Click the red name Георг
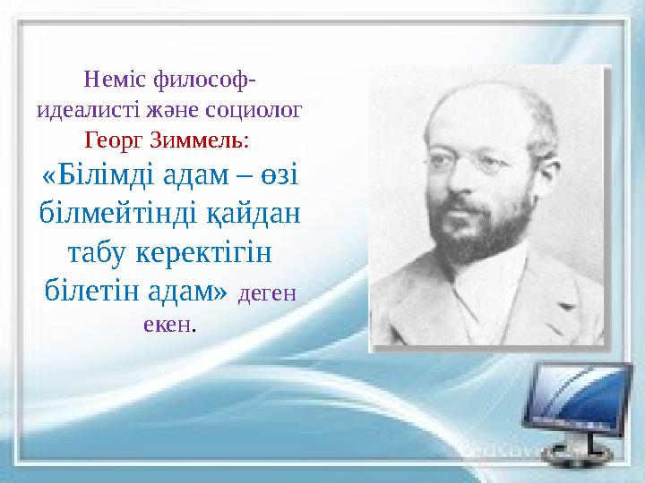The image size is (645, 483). point(113,140)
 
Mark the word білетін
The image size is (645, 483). point(89,290)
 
